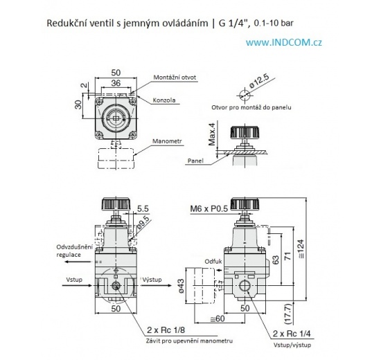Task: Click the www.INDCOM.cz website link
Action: (x=283, y=42)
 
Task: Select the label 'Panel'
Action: (x=196, y=161)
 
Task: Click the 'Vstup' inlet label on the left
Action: (x=75, y=280)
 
